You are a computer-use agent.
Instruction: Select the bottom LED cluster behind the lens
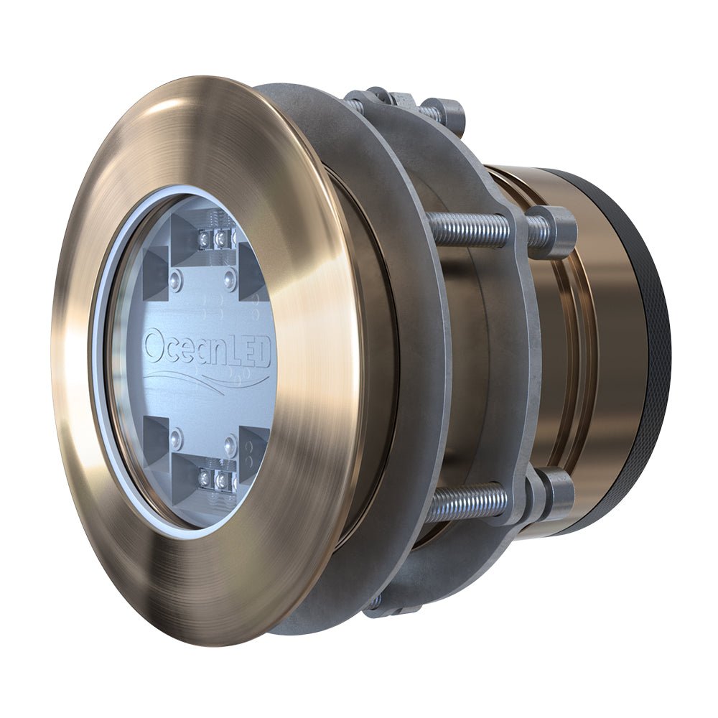tap(215, 480)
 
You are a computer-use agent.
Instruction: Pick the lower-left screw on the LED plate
tap(176, 436)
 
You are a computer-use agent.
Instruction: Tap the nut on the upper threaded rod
tap(553, 230)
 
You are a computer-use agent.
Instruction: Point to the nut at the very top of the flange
tap(449, 111)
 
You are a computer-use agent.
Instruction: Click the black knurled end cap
tap(650, 359)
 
